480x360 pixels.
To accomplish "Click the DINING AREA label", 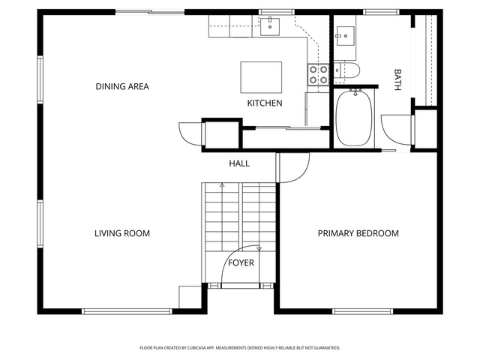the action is [122, 87].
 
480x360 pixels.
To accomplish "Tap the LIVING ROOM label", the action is [122, 233].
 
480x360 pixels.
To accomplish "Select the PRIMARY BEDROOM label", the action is [358, 233].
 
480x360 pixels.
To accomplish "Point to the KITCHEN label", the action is [265, 103].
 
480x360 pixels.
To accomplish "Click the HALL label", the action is [239, 163].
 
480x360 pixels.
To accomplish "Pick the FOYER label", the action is [241, 262].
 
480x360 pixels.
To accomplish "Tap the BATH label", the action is [397, 79].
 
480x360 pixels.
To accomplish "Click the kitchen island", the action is [261, 77].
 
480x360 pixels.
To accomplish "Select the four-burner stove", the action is [318, 75].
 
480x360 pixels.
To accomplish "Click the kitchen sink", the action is [270, 26].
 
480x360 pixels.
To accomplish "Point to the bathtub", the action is [354, 118].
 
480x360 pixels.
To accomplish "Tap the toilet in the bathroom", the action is [346, 70].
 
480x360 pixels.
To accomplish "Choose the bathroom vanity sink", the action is [346, 36].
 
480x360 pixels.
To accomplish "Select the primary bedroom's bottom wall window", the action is [362, 312].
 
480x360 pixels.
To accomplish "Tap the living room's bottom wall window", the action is [127, 312].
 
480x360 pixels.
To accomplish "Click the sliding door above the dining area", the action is [150, 12].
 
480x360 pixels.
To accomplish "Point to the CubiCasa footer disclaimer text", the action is [240, 348].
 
